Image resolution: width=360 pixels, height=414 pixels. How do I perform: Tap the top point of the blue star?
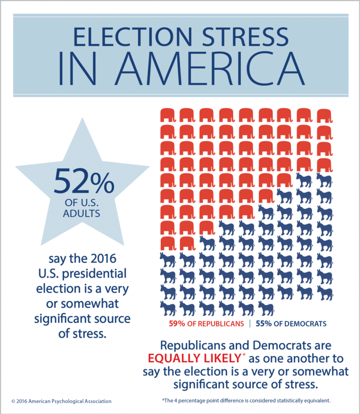pos(84,118)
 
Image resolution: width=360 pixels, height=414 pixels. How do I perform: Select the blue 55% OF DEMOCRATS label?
pos(291,323)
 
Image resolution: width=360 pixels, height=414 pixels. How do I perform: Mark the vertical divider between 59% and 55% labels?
pos(250,323)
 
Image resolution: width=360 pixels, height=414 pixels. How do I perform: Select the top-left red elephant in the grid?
pos(167,115)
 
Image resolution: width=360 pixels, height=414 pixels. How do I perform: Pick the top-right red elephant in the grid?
pos(324,115)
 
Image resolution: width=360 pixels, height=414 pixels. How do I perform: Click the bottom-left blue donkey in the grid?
pos(167,308)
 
